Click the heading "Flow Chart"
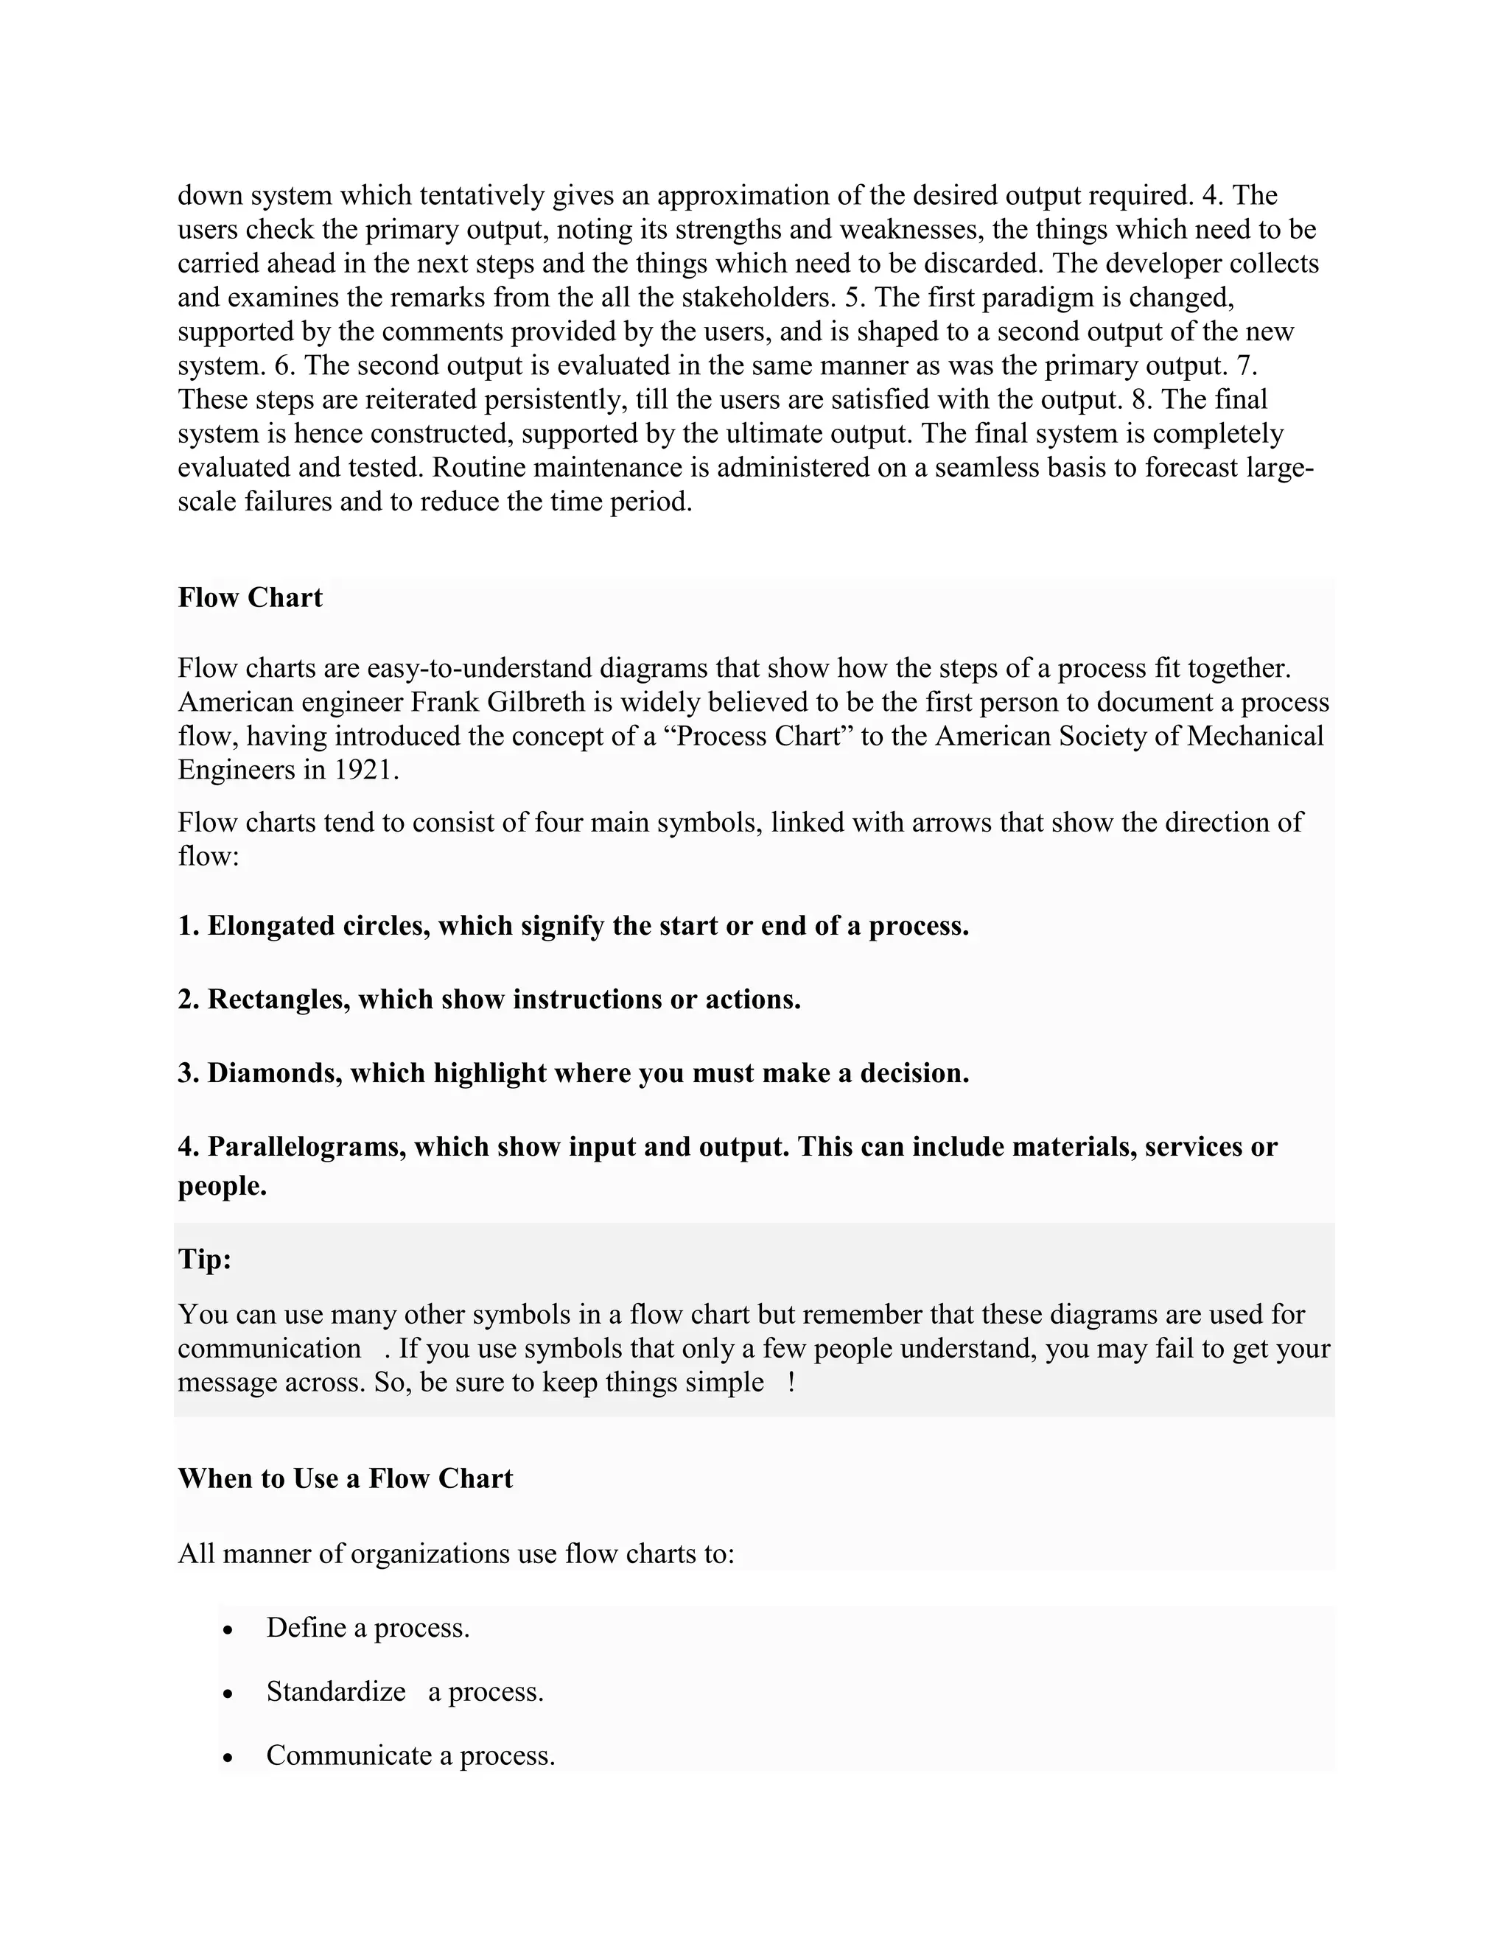coord(250,597)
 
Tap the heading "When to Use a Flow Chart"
coord(345,1478)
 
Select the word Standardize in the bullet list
coord(336,1692)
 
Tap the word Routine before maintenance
coord(481,468)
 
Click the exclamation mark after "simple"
coord(792,1383)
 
